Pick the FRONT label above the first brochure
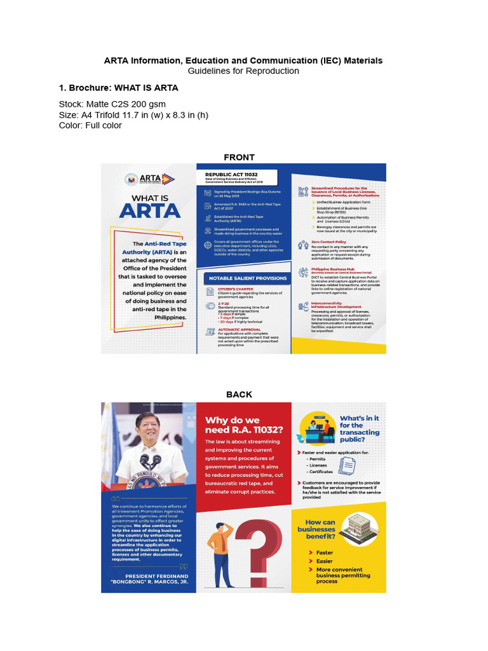tap(239, 157)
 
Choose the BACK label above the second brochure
tap(239, 394)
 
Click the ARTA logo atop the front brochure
tap(149, 179)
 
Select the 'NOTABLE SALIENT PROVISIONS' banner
tap(245, 278)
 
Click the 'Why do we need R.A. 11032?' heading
tap(243, 425)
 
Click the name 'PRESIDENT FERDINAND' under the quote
tap(149, 577)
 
